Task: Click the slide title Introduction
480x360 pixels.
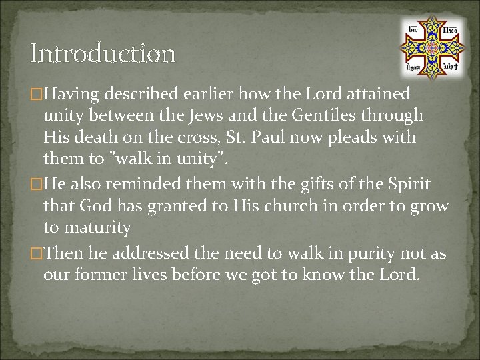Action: (x=103, y=53)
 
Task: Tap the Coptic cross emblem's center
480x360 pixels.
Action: (x=431, y=47)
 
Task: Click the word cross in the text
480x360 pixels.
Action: (x=203, y=137)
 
